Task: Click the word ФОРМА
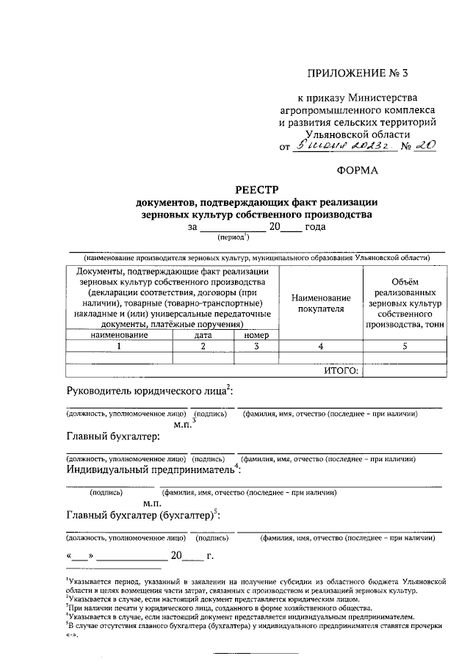click(x=358, y=170)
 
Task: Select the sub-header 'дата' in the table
click(x=203, y=335)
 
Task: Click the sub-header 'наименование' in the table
click(x=120, y=335)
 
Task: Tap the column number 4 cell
click(x=321, y=346)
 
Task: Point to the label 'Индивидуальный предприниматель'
click(x=151, y=469)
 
